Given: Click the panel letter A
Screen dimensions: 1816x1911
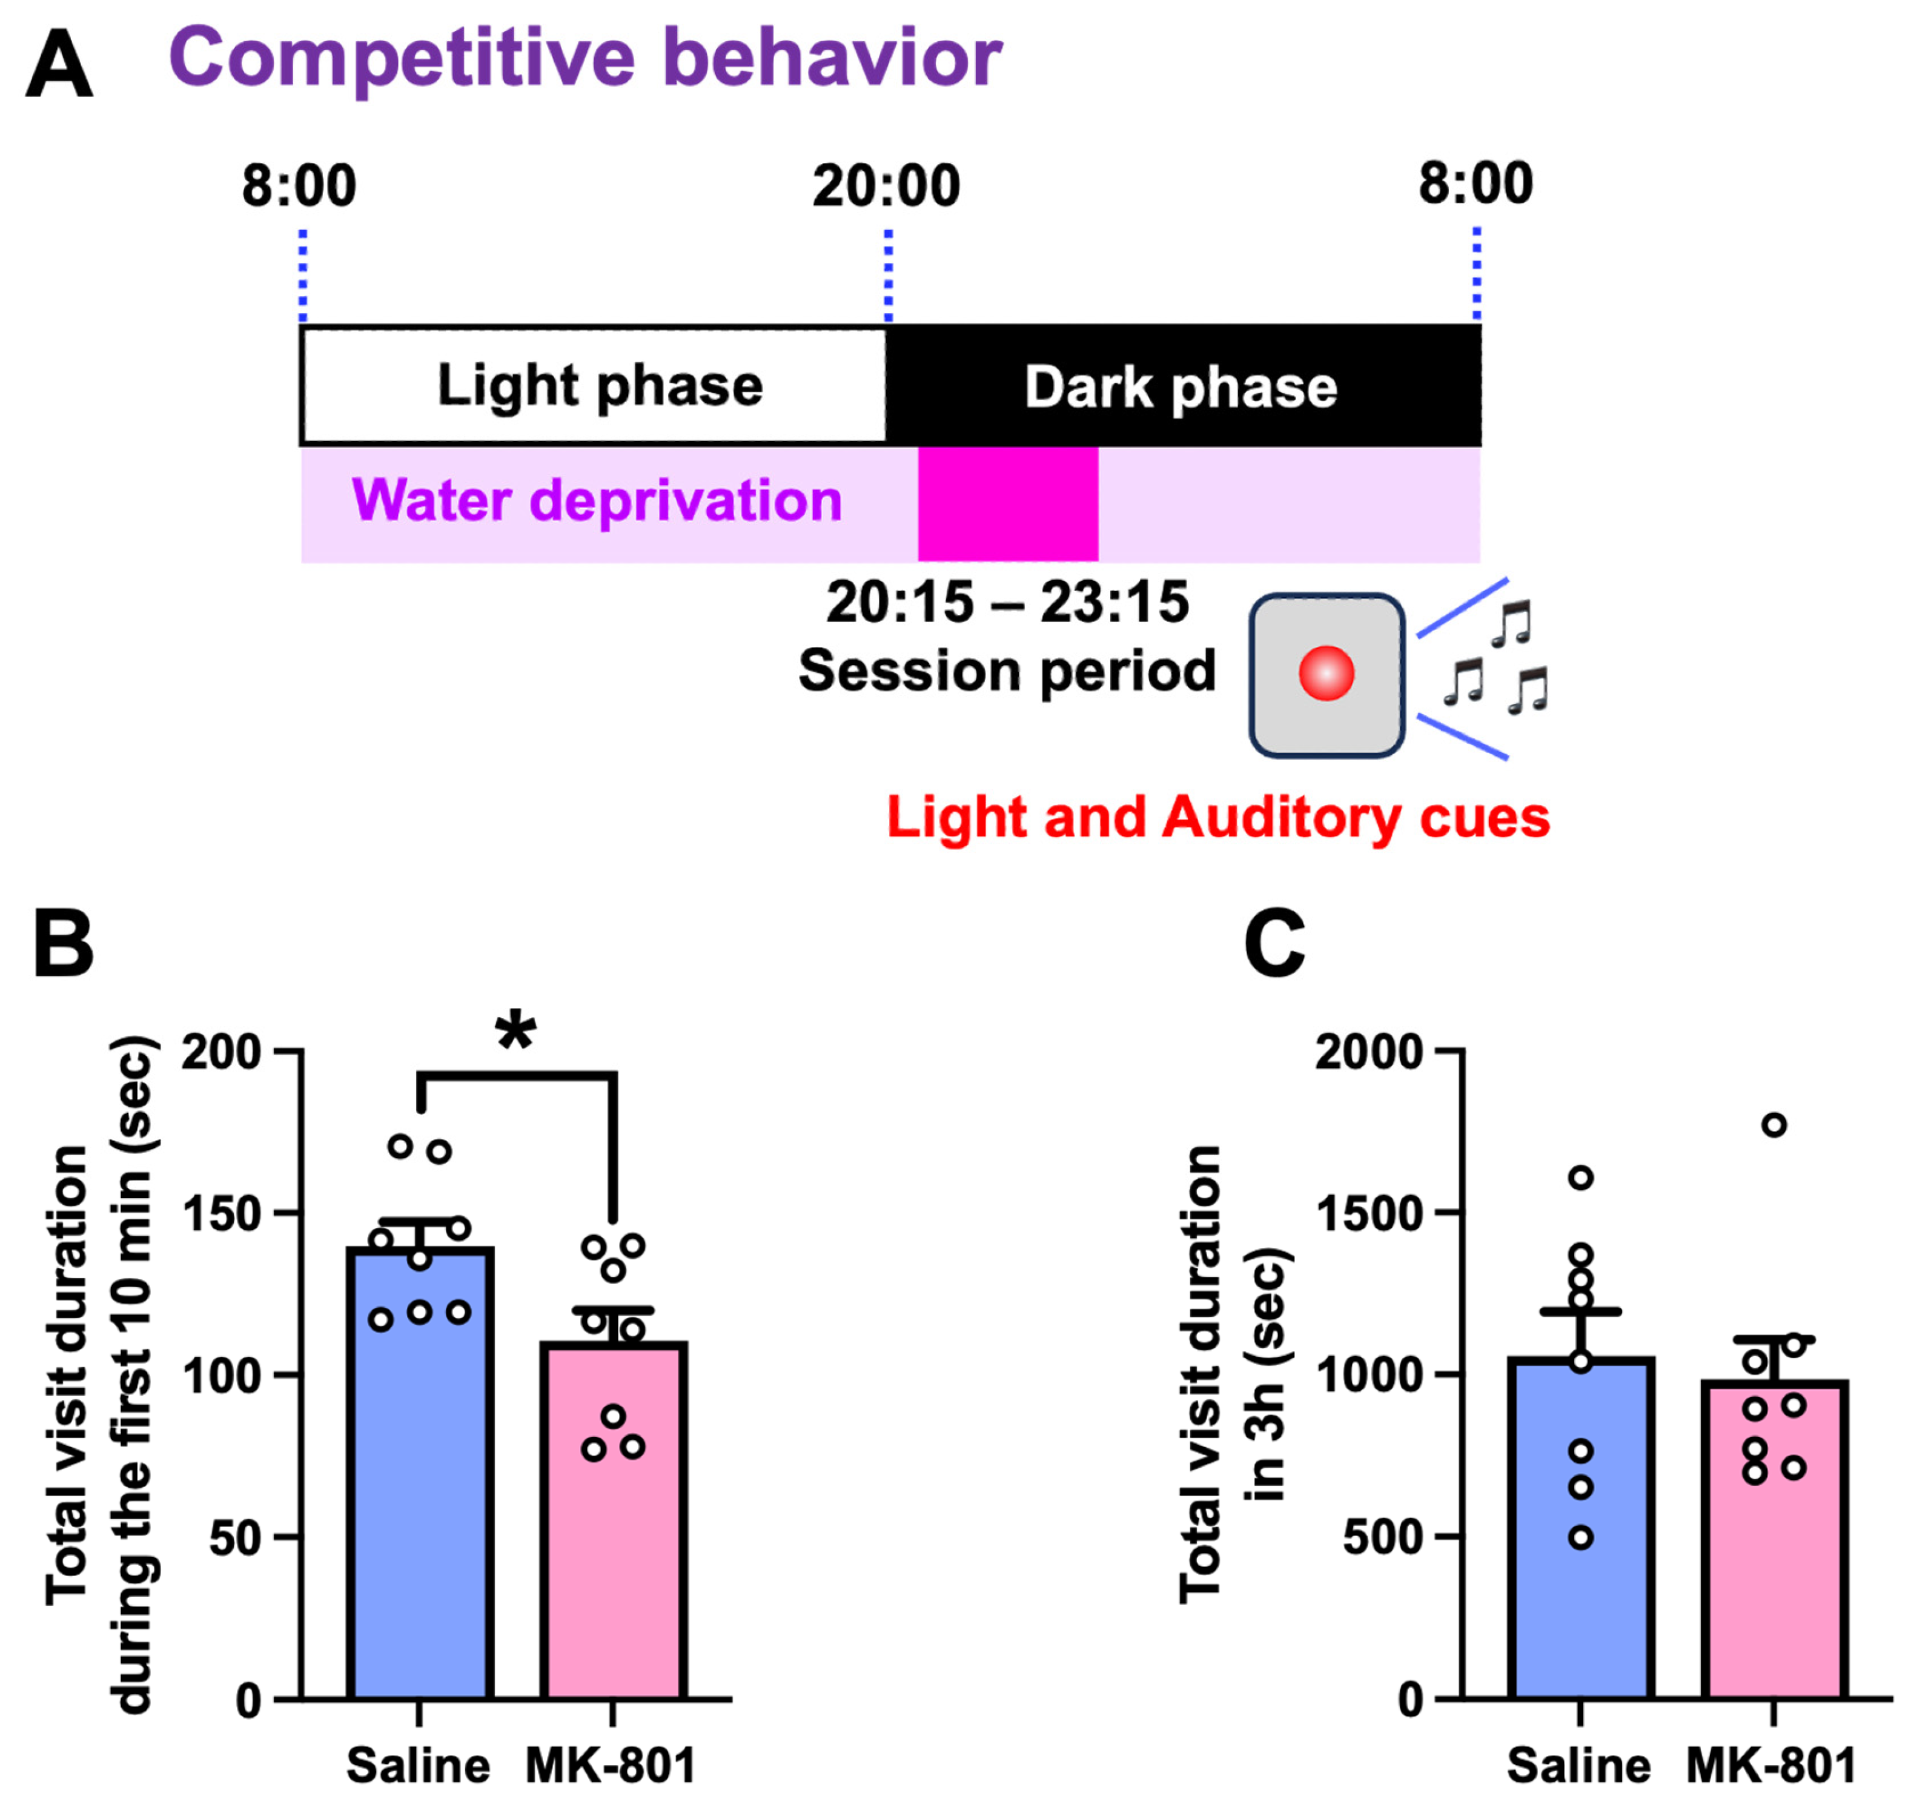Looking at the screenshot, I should click(x=59, y=64).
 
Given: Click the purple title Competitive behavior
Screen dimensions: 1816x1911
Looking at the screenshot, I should click(x=585, y=58).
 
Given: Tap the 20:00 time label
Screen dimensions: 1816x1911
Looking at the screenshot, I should click(x=886, y=186).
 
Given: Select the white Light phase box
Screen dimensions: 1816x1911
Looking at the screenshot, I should click(x=594, y=385).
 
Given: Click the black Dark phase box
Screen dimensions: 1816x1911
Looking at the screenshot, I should click(x=1182, y=385).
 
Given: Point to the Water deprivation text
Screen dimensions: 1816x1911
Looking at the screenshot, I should click(x=597, y=502).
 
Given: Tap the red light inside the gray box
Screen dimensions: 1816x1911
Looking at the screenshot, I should click(x=1325, y=673).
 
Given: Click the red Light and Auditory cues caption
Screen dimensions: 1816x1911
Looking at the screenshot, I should click(x=1218, y=817).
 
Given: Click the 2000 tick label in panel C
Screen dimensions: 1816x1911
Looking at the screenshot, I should click(x=1368, y=1052).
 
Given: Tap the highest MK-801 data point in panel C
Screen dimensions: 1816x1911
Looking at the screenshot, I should click(x=1774, y=1125).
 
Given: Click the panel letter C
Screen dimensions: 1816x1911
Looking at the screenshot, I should click(x=1274, y=944).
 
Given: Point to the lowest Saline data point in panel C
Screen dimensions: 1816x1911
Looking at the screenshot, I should click(x=1580, y=1537).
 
